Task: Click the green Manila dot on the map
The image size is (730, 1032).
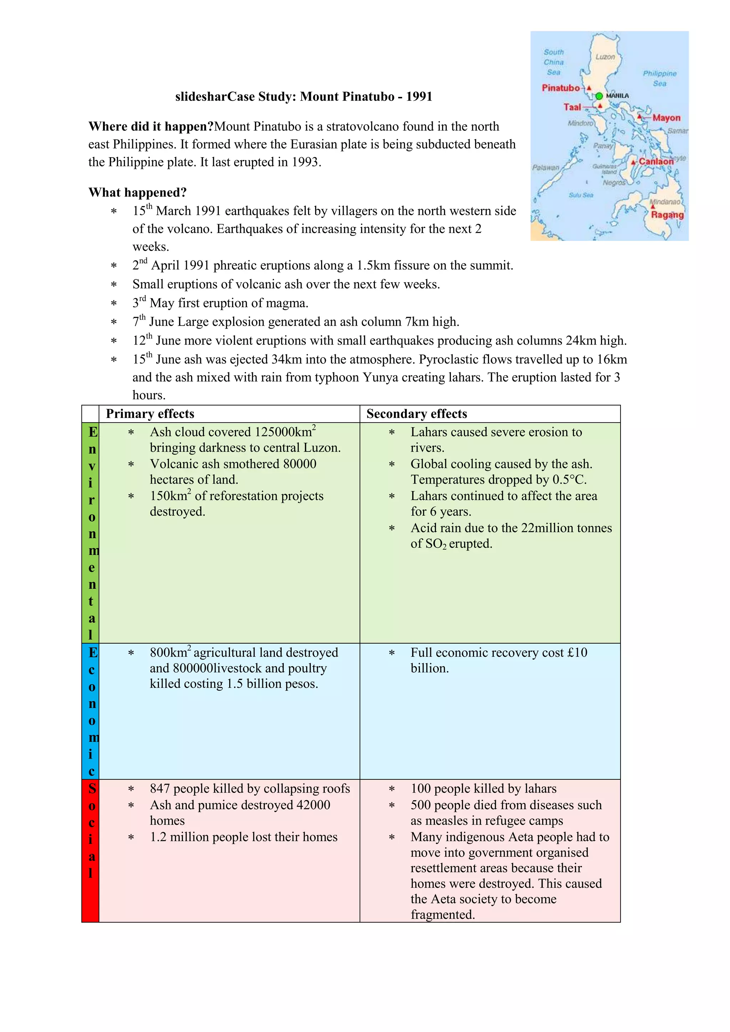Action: [x=599, y=96]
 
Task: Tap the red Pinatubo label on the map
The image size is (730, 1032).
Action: [x=561, y=88]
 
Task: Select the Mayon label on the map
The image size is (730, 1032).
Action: [x=666, y=118]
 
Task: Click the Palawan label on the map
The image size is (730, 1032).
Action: [x=546, y=167]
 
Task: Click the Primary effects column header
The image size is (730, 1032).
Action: [x=150, y=413]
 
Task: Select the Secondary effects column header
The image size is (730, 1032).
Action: [x=416, y=413]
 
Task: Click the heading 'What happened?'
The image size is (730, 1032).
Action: [x=137, y=192]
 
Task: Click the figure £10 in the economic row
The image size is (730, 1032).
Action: [x=577, y=652]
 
